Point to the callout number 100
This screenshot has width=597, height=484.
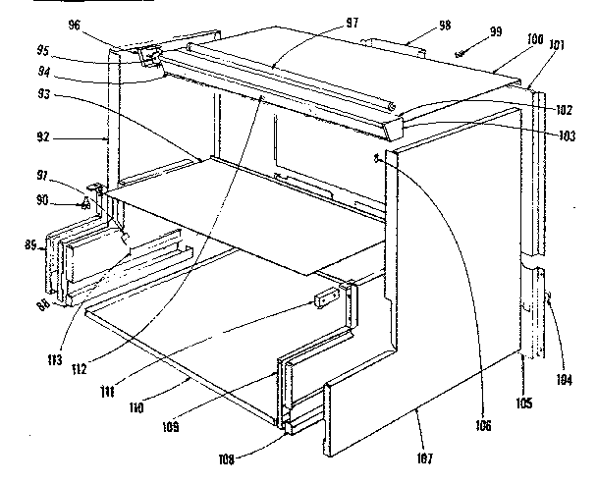tap(534, 40)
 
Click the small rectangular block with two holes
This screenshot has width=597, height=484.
tap(327, 298)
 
